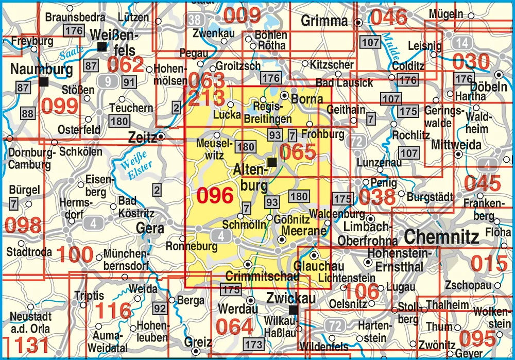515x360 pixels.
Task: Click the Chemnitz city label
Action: (441, 237)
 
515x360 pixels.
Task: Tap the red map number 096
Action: (215, 196)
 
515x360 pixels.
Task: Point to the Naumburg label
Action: (34, 68)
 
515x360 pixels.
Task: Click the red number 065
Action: (297, 152)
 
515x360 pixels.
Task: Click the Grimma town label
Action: (324, 21)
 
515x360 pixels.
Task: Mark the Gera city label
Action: (150, 228)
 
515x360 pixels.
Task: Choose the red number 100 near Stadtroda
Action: (75, 254)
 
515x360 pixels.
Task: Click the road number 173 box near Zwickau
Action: (253, 344)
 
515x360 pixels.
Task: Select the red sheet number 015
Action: (489, 264)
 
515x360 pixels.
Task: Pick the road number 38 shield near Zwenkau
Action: (195, 20)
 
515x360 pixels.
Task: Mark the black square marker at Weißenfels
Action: (102, 47)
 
